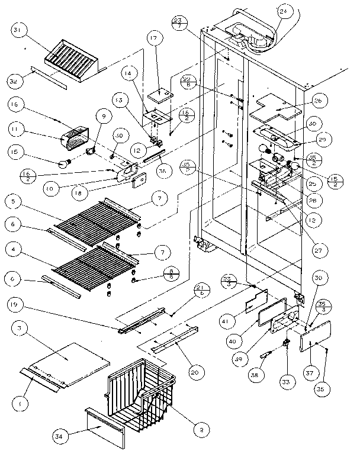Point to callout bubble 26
coord(318,101)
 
